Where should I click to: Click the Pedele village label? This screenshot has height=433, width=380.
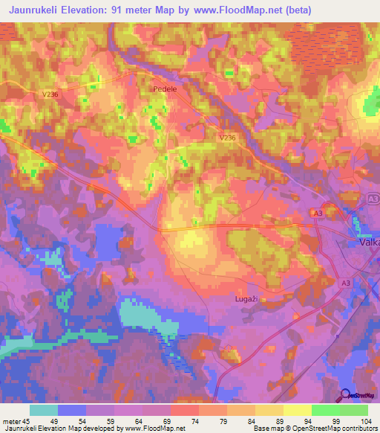coord(164,89)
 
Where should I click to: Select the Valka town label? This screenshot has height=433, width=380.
coord(369,243)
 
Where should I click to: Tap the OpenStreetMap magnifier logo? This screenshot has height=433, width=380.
coord(346,396)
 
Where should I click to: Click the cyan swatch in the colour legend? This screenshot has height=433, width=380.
coord(43,410)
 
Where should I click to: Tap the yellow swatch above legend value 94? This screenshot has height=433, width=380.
coord(297,410)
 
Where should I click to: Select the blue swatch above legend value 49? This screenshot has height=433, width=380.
coord(71,410)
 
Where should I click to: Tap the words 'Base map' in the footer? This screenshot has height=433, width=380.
coord(266,429)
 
